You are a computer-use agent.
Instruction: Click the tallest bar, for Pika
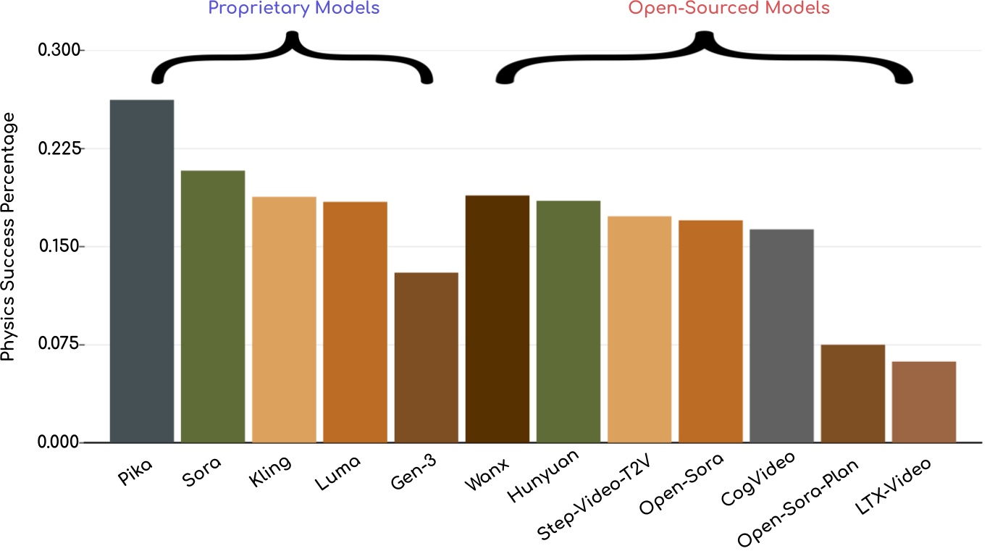pos(142,272)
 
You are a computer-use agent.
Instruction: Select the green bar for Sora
pos(213,307)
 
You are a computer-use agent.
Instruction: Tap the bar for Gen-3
pos(426,358)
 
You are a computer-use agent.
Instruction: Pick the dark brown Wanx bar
pos(497,319)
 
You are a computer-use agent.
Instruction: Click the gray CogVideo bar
pos(781,336)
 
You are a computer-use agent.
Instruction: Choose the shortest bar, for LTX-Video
pos(924,402)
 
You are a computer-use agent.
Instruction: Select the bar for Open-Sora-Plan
pos(852,393)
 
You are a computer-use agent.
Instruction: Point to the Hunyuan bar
pos(568,321)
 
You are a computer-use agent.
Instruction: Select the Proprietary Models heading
pos(293,9)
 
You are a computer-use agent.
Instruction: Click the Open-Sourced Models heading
pos(729,9)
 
